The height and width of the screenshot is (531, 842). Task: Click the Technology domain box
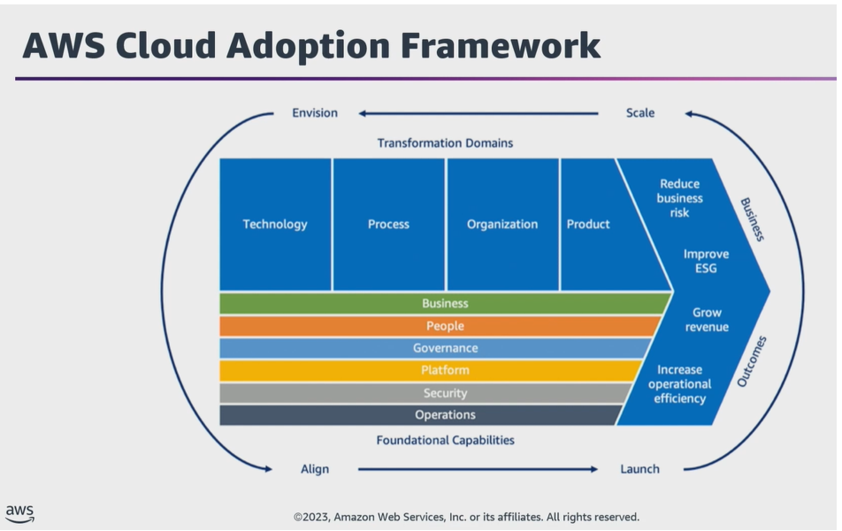tap(275, 224)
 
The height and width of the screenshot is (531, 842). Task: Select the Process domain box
tap(389, 224)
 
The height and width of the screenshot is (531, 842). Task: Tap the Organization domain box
tap(502, 224)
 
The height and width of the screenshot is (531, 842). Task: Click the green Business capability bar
tap(445, 304)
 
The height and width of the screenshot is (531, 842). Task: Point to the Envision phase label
tap(315, 113)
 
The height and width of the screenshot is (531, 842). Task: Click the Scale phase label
tap(640, 113)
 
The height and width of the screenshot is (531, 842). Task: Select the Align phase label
tap(315, 469)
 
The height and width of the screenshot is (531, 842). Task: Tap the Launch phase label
tap(639, 469)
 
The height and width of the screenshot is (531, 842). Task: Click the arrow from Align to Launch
tap(478, 469)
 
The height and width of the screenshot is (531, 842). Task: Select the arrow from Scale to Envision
tap(478, 113)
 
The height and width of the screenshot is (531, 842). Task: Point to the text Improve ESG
tap(706, 261)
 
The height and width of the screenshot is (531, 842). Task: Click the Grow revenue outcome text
tap(707, 319)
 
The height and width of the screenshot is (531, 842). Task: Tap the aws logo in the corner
tap(19, 513)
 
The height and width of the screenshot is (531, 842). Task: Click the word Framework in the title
tap(501, 45)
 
